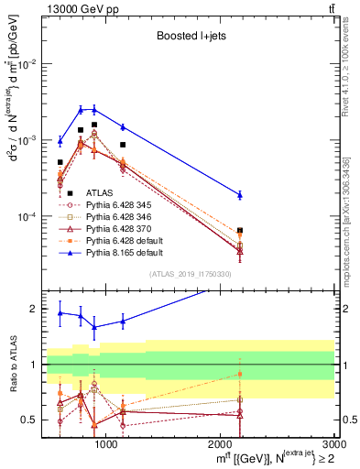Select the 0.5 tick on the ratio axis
pos(31,420)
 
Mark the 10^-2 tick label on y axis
pos(27,63)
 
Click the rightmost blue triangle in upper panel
pos(240,194)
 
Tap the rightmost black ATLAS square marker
pos(240,231)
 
